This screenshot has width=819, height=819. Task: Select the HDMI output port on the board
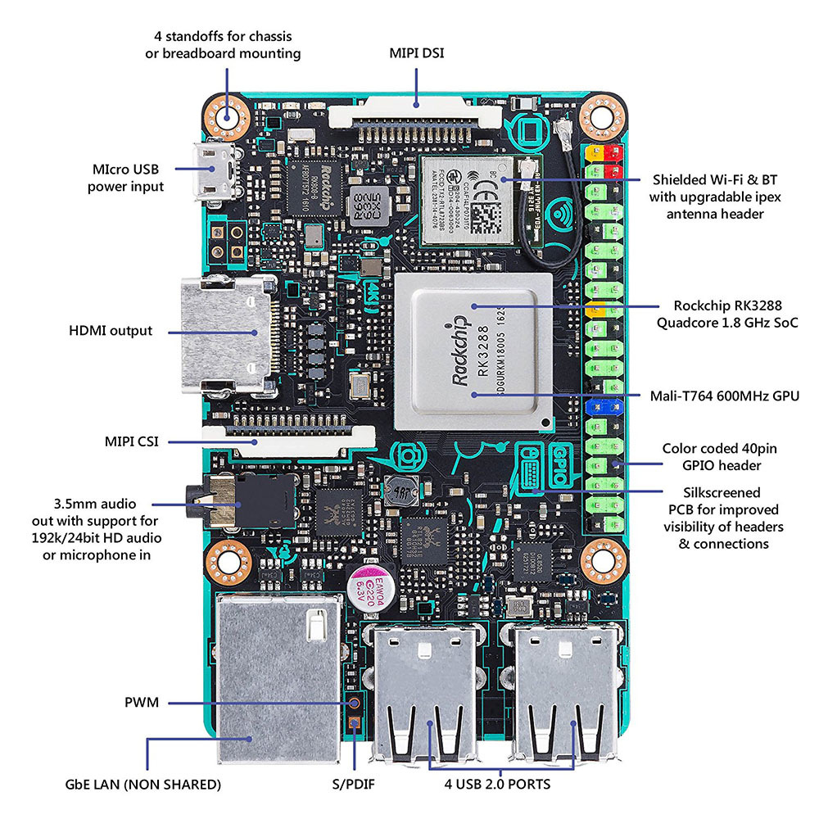tap(225, 334)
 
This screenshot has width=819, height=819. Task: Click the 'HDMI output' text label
tap(111, 331)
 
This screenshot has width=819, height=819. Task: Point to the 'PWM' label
tap(142, 703)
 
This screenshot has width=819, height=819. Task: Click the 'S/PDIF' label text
tap(354, 784)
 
